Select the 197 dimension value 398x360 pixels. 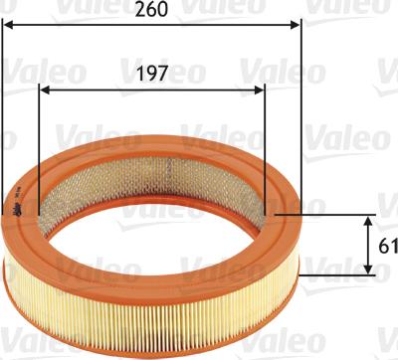tap(151, 73)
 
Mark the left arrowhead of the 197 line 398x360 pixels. tap(44, 90)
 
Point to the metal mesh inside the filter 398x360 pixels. tap(149, 169)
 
